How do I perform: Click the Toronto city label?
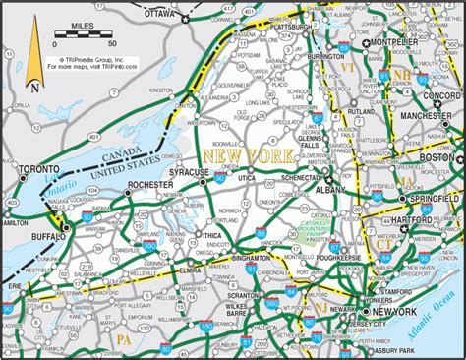tap(36, 170)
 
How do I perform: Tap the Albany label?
tap(328, 189)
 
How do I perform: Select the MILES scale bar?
tap(85, 35)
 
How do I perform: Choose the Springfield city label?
tap(419, 198)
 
